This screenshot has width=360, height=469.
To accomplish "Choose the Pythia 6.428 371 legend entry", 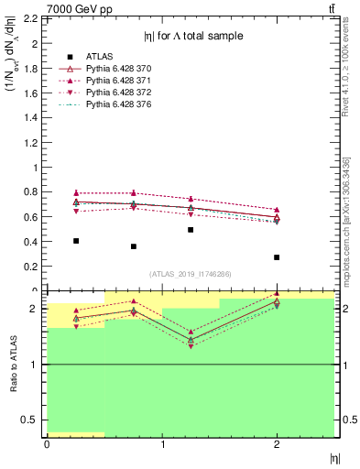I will [x=118, y=81].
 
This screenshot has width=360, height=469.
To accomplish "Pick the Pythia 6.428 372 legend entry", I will [x=118, y=93].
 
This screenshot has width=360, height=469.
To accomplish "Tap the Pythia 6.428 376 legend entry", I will [x=118, y=106].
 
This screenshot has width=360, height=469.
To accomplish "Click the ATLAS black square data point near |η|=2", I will [x=277, y=257].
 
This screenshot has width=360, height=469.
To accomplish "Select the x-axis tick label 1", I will [x=162, y=444].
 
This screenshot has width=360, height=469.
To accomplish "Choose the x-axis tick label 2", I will [x=277, y=444].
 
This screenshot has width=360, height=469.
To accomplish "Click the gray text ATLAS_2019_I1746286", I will [x=190, y=273].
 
